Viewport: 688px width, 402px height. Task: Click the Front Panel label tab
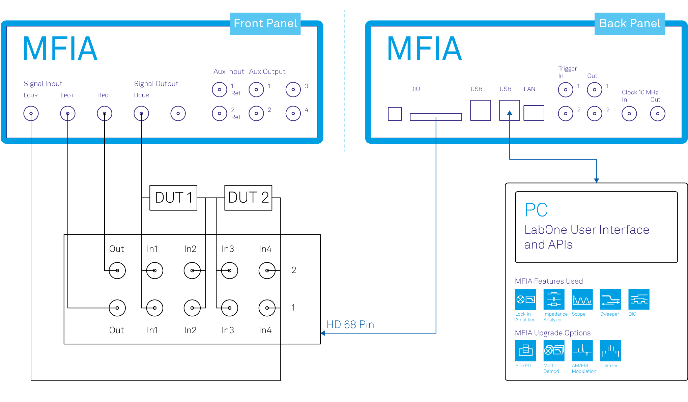[x=265, y=23]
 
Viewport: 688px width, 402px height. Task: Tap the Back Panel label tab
[x=629, y=23]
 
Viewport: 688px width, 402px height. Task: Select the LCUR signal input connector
[x=31, y=113]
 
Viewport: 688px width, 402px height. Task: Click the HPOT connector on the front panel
[x=105, y=113]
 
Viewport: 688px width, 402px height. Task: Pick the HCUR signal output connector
[x=141, y=113]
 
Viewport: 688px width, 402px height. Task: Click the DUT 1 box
[x=173, y=198]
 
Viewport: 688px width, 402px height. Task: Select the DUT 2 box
[x=248, y=198]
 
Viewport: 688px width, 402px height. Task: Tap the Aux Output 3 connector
[x=293, y=89]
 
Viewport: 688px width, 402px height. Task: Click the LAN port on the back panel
[x=534, y=113]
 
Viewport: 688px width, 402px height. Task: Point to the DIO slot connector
[x=436, y=117]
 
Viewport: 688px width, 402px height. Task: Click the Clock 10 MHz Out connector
[x=657, y=114]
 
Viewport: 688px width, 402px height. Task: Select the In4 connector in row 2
[x=267, y=270]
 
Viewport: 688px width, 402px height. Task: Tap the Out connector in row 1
[x=117, y=308]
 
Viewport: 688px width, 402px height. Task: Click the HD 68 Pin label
[x=350, y=324]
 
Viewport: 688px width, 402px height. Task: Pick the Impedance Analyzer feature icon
[x=554, y=299]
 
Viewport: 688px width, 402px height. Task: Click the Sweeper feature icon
[x=610, y=299]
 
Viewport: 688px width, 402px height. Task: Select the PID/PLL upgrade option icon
[x=525, y=351]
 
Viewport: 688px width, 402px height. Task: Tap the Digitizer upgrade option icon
[x=610, y=351]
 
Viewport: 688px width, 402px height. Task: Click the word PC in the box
[x=536, y=210]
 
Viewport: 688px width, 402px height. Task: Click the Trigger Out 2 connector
[x=595, y=114]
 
